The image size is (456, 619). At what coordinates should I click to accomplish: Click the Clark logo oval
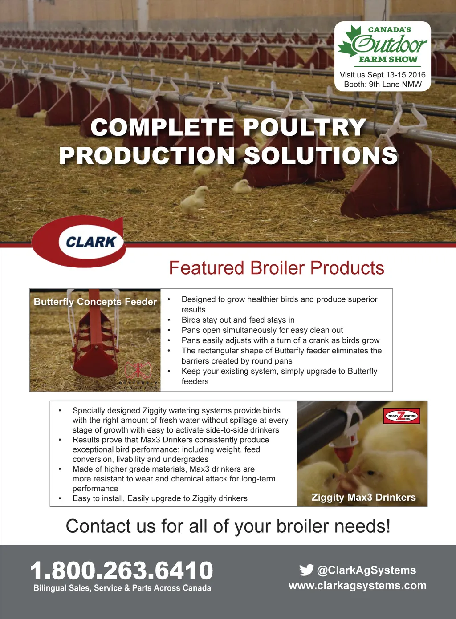click(x=79, y=242)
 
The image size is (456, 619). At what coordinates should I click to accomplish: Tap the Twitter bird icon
click(x=306, y=570)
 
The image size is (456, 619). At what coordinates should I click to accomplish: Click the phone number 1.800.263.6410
click(x=122, y=570)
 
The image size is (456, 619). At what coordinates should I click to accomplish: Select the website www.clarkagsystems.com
click(x=357, y=585)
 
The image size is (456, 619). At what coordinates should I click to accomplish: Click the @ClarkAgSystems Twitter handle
click(x=366, y=570)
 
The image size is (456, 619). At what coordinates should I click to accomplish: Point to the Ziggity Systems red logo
click(x=402, y=416)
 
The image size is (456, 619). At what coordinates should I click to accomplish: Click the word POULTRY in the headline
click(x=305, y=127)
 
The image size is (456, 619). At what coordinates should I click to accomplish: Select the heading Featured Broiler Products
click(x=277, y=268)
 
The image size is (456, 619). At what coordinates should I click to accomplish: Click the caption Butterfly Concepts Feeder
click(x=95, y=302)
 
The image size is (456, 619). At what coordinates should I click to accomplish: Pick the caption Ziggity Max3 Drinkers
click(x=363, y=498)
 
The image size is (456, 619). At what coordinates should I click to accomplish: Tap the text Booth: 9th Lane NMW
click(x=383, y=84)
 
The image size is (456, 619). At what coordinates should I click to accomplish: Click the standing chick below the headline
click(x=195, y=200)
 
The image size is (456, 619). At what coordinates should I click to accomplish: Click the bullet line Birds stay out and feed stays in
click(x=238, y=320)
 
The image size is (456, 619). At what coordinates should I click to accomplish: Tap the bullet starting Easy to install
click(x=160, y=498)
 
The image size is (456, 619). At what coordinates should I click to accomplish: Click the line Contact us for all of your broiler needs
click(x=228, y=526)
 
